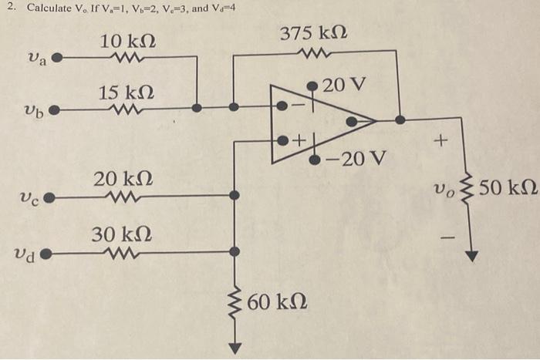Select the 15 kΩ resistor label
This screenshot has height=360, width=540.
click(x=126, y=93)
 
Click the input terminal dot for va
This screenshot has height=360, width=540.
click(x=56, y=57)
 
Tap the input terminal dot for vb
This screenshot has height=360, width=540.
click(x=53, y=109)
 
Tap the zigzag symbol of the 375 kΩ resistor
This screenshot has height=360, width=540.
click(x=316, y=54)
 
